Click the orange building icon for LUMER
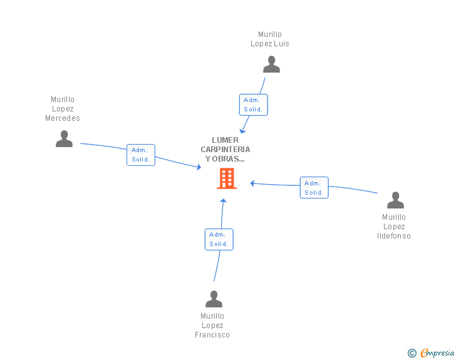pos(226,178)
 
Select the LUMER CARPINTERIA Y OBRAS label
pos(225,150)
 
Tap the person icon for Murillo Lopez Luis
pos(271,64)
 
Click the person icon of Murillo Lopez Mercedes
pos(64,138)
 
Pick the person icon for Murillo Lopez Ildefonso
pos(395,200)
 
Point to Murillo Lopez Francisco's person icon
pos(214,299)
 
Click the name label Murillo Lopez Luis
pos(270,39)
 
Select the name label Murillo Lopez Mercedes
pos(63,109)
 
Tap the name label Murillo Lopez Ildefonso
pos(394,227)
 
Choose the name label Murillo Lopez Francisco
pos(212,326)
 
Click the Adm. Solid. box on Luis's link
pos(253,105)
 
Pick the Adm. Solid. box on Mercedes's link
pos(140,155)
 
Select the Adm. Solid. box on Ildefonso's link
pos(314,188)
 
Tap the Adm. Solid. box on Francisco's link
pos(219,239)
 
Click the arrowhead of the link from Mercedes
pos(199,167)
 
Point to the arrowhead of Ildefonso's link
pos(252,183)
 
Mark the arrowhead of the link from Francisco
pos(223,201)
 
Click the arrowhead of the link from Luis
pos(243,130)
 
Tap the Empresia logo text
pos(437,353)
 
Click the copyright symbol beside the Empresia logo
pos(412,354)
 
